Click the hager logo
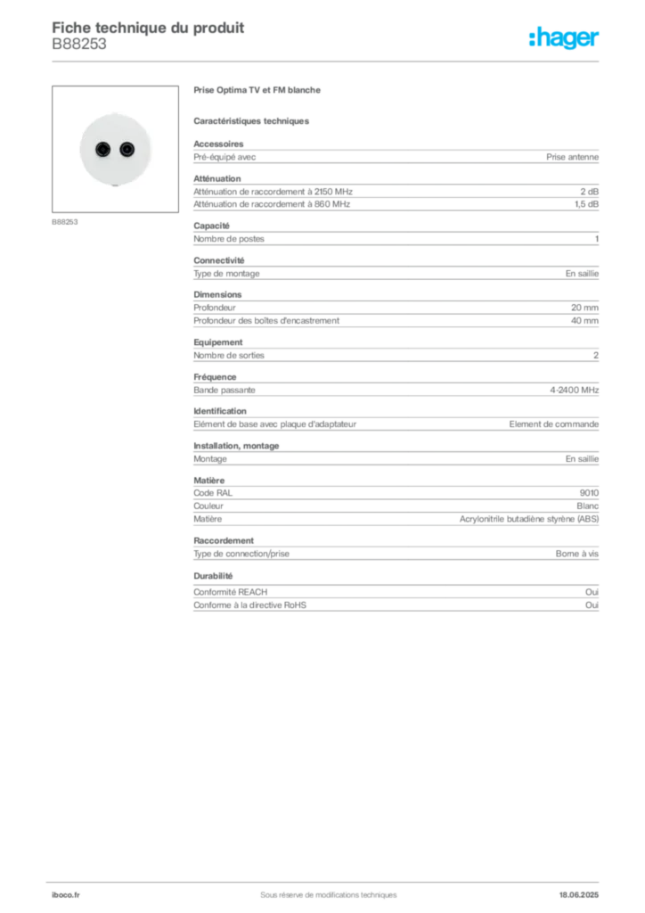(x=564, y=37)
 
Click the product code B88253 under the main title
(x=79, y=45)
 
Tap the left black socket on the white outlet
(x=103, y=150)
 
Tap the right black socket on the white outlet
(x=127, y=150)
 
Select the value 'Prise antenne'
(x=572, y=157)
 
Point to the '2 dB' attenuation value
(x=589, y=192)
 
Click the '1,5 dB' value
(x=586, y=204)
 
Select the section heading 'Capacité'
(x=212, y=226)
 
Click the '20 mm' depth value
(x=584, y=308)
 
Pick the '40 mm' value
(x=584, y=321)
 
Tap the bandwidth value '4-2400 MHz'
(x=574, y=391)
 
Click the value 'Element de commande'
(x=554, y=424)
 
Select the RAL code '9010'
(x=589, y=493)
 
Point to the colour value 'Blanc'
(x=587, y=506)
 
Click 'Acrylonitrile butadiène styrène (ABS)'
(x=529, y=520)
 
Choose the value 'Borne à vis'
(x=577, y=554)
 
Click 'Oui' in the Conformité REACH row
(x=592, y=592)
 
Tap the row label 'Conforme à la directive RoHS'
(x=250, y=605)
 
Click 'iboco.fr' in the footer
(x=66, y=895)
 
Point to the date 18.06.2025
(x=579, y=895)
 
